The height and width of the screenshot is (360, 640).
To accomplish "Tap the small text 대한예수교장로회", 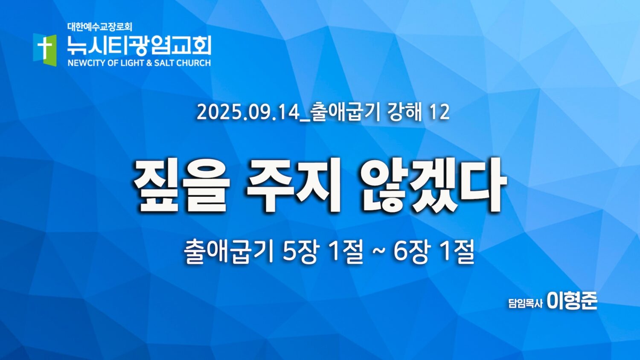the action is coord(100,27).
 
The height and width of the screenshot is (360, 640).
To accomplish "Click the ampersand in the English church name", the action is coord(149,63).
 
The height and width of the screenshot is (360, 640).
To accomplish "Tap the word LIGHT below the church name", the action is coord(131,63).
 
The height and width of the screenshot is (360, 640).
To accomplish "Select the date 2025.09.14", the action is coord(247,113).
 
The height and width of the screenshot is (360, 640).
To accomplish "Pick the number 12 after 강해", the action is coord(439,113).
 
